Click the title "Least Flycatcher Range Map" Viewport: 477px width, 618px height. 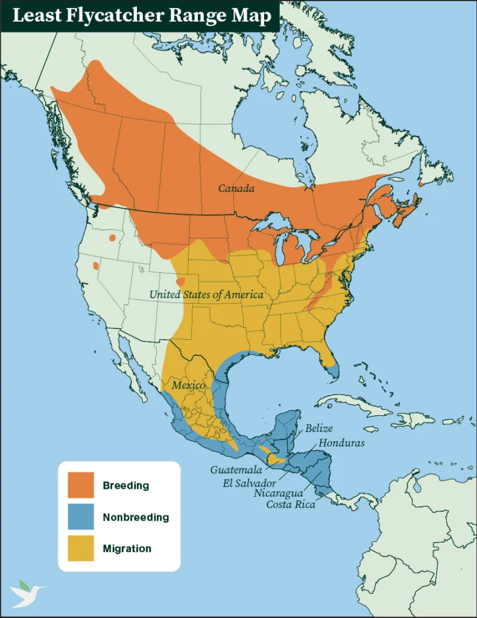pos(142,16)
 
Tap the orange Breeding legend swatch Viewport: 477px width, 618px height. pos(81,485)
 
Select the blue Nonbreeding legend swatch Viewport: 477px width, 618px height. pos(81,517)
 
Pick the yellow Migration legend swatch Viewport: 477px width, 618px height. pos(81,549)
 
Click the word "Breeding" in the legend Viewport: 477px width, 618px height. pos(125,485)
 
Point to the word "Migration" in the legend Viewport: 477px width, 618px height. pos(127,549)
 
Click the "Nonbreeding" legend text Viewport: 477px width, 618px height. pos(136,517)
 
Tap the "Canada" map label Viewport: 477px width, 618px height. pos(236,189)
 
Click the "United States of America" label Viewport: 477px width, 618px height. pos(206,295)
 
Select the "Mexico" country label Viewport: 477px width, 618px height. pos(188,385)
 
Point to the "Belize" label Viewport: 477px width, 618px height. pos(319,428)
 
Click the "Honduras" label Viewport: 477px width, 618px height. pos(341,442)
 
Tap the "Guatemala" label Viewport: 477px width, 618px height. pos(235,470)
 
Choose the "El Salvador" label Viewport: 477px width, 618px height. pos(249,483)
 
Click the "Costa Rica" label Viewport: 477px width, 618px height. pos(291,504)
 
